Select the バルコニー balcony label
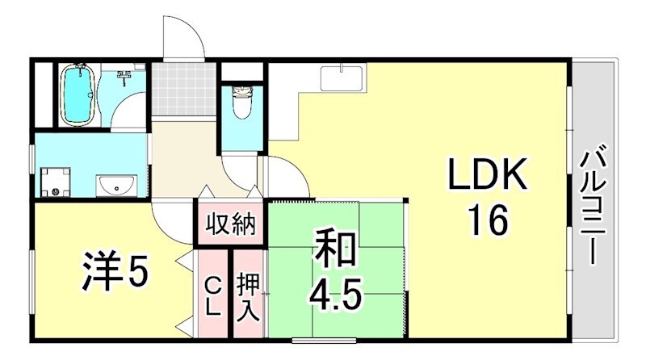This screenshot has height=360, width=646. tap(595, 203)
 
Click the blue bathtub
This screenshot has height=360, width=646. tap(78, 96)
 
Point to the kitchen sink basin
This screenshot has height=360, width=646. tap(342, 78)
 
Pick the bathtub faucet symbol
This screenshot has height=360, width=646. tap(124, 77)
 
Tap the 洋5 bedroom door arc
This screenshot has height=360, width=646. tap(170, 218)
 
